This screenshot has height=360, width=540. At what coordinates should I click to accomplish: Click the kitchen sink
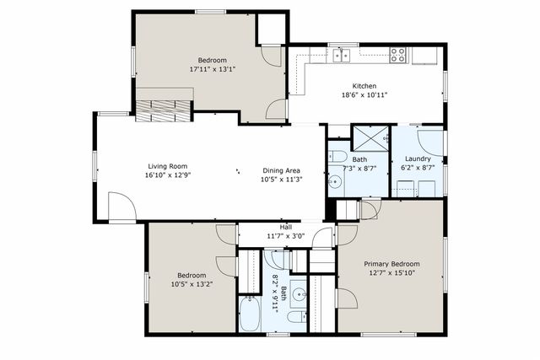(341, 56)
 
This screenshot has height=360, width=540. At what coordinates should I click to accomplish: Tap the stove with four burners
(397, 56)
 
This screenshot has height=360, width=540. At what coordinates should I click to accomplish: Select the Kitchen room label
(364, 86)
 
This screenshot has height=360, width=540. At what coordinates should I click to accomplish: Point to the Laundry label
(418, 159)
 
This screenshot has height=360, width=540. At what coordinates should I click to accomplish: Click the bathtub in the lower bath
(251, 315)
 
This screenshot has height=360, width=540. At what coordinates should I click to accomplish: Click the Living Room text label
(166, 166)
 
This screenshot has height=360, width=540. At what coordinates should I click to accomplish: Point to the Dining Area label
(281, 169)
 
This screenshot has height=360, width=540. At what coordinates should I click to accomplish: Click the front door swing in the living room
(121, 206)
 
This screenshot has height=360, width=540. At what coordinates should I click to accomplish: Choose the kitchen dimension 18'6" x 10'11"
(364, 96)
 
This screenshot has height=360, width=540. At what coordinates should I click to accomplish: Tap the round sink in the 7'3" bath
(336, 183)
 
